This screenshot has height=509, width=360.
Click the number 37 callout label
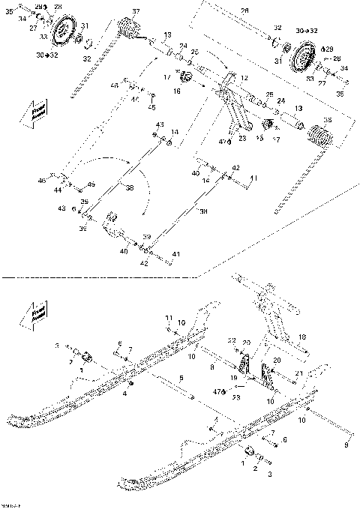[x=136, y=10]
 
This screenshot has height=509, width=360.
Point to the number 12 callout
[x=243, y=77]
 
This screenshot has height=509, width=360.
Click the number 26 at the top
[x=244, y=10]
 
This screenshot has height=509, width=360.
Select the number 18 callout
[x=303, y=338]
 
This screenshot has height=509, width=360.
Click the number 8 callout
[x=214, y=367]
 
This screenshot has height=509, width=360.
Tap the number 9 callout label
[x=346, y=445]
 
